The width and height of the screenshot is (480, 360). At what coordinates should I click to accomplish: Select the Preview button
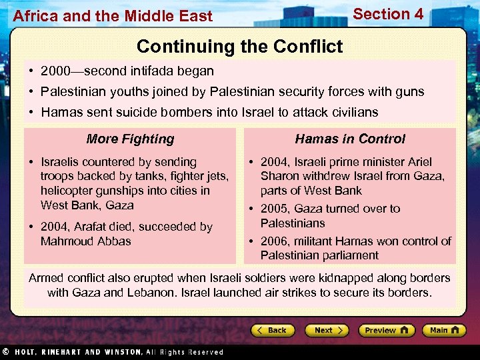[386, 330]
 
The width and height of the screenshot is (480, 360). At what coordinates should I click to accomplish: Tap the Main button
[443, 330]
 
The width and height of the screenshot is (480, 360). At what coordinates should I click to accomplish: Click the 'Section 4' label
[387, 14]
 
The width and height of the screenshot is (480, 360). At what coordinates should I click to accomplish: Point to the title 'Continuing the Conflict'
[239, 46]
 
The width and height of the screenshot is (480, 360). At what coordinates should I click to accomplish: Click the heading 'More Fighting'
[130, 139]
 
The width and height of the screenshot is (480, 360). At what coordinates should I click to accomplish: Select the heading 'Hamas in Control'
[350, 139]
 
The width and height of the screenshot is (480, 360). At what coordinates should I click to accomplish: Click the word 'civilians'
[353, 112]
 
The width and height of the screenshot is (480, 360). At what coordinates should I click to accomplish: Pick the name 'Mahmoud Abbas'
[86, 241]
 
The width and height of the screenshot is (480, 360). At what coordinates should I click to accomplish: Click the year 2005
[275, 209]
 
